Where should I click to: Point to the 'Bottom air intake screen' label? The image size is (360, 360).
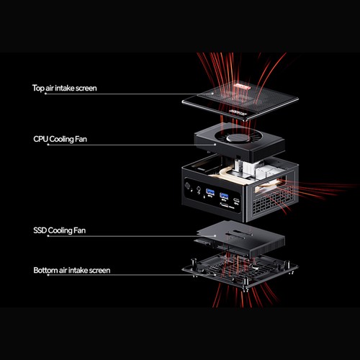coord(71,270)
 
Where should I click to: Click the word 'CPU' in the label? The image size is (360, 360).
coord(41,138)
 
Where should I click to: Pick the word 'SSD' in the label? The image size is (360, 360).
coord(41,231)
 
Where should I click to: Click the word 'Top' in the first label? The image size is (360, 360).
coord(39,89)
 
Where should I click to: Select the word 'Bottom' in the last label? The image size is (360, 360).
coord(46,270)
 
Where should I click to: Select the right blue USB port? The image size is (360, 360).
coord(226,197)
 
